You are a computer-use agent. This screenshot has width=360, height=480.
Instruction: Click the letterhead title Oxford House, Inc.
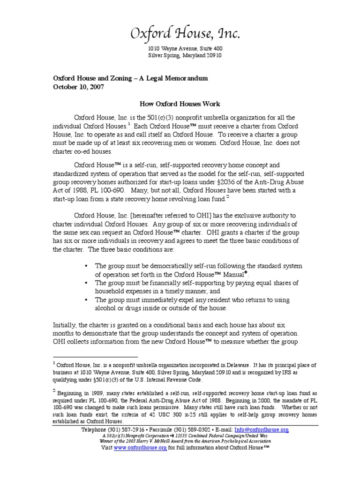point(185,34)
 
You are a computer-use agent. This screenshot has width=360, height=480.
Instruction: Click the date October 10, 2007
point(78,87)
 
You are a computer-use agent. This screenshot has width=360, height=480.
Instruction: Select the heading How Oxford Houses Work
point(180,104)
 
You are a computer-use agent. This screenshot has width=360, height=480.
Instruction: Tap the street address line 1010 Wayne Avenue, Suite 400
point(185,48)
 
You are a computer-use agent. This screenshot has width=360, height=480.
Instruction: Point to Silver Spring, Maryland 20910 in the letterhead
point(185,55)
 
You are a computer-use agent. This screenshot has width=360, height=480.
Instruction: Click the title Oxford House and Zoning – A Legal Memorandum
point(130,78)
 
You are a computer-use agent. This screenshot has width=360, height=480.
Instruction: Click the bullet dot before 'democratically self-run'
point(86,266)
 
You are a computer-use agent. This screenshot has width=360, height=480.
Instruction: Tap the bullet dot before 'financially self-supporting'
point(86,283)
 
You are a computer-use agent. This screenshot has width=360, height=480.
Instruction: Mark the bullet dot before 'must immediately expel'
point(86,300)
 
